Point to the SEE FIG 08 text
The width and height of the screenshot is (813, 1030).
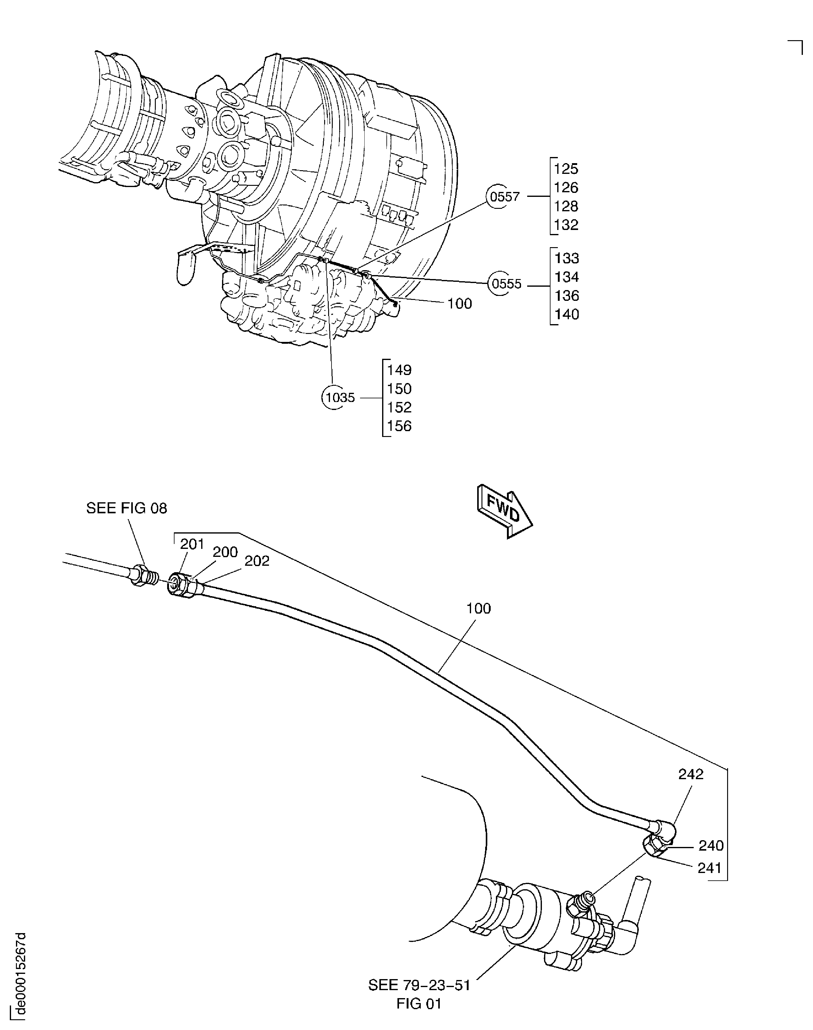(127, 508)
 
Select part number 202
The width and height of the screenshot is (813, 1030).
(257, 561)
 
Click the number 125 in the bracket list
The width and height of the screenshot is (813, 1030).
(566, 169)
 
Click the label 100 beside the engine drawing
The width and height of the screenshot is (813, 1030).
(459, 304)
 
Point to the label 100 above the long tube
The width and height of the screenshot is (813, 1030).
(478, 608)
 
